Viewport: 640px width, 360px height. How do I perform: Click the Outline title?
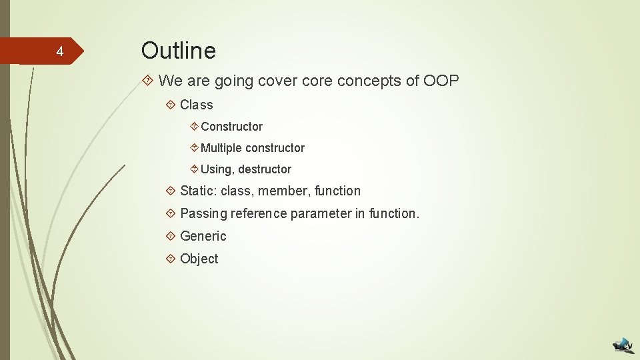[x=179, y=51]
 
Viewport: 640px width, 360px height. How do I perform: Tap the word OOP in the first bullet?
[x=441, y=81]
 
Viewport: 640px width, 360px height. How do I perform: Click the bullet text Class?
[x=197, y=105]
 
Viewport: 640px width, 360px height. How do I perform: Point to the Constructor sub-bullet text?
[x=231, y=127]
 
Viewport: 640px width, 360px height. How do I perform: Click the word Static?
[x=197, y=191]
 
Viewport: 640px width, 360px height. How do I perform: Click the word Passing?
[x=203, y=214]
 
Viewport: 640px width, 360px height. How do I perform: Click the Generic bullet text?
[x=203, y=237]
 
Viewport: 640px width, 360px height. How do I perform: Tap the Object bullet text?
[x=199, y=259]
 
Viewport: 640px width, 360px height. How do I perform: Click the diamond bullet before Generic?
[x=171, y=236]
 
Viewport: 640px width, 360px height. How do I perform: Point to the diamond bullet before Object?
[x=171, y=259]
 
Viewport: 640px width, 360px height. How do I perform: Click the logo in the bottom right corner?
[x=623, y=345]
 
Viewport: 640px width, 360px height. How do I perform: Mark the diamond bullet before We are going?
[x=149, y=81]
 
